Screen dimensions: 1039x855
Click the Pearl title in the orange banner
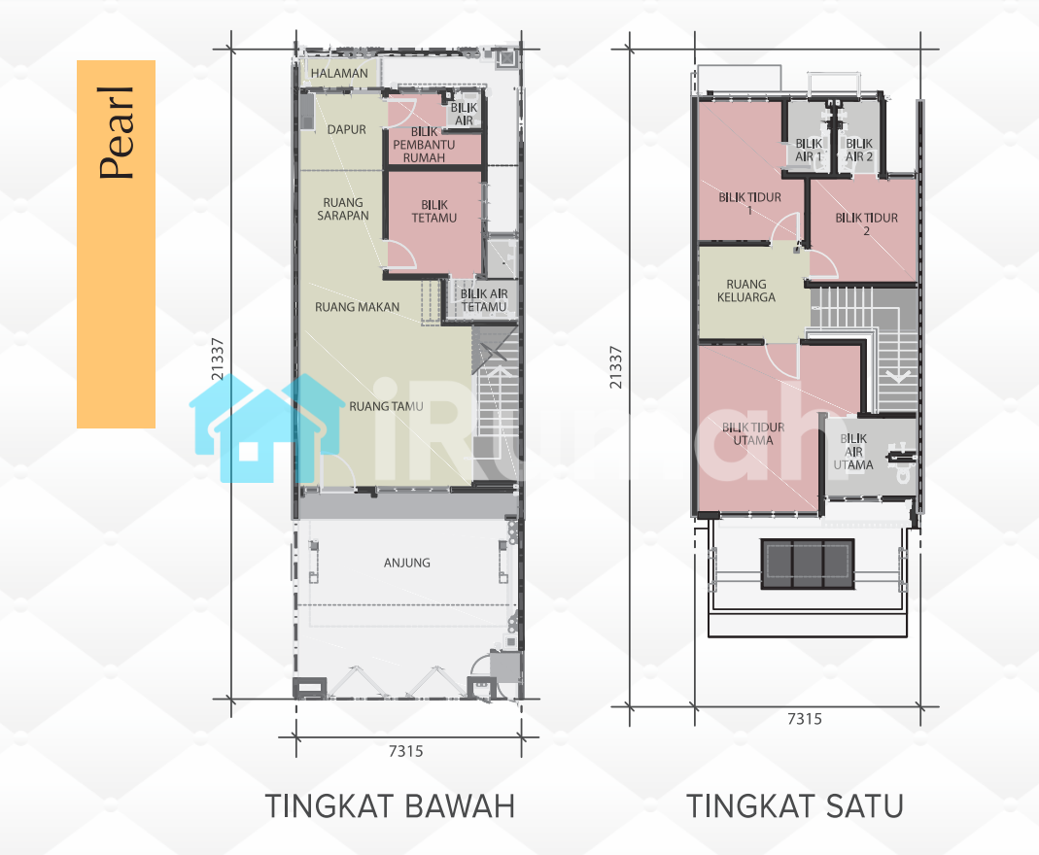117,133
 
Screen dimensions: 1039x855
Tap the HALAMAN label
339,74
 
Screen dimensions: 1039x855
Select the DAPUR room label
347,130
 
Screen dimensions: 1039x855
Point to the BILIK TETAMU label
434,211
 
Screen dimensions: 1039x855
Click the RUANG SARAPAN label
342,209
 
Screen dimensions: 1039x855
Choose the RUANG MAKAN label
357,307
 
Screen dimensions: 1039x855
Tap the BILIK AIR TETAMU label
484,300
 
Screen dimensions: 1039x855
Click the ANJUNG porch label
407,563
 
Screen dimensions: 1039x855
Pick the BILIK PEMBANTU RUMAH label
424,145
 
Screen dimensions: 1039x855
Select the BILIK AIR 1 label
809,150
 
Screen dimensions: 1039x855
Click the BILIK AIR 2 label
859,150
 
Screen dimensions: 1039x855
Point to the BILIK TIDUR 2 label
866,223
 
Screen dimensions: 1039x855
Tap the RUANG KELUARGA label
746,291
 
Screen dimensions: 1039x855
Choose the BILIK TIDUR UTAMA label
752,433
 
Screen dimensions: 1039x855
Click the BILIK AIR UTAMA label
852,452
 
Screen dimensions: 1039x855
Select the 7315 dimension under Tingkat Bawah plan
405,751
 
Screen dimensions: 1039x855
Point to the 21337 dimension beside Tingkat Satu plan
616,367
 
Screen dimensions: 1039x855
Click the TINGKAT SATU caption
795,806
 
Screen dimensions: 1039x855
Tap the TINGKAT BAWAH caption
390,806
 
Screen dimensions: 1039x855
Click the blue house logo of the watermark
266,427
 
